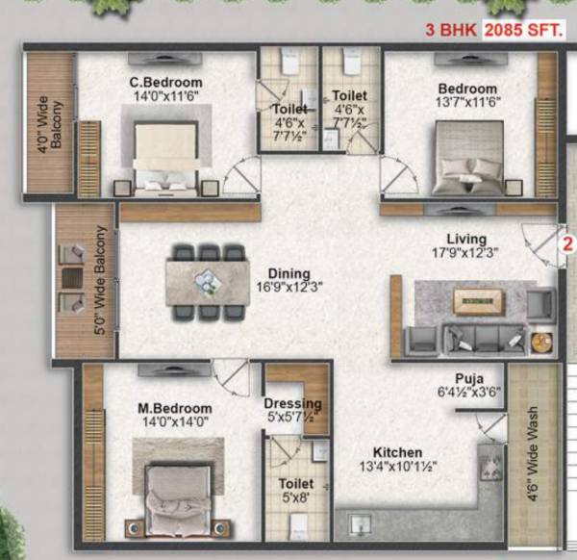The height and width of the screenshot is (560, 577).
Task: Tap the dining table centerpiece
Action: (206, 280)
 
